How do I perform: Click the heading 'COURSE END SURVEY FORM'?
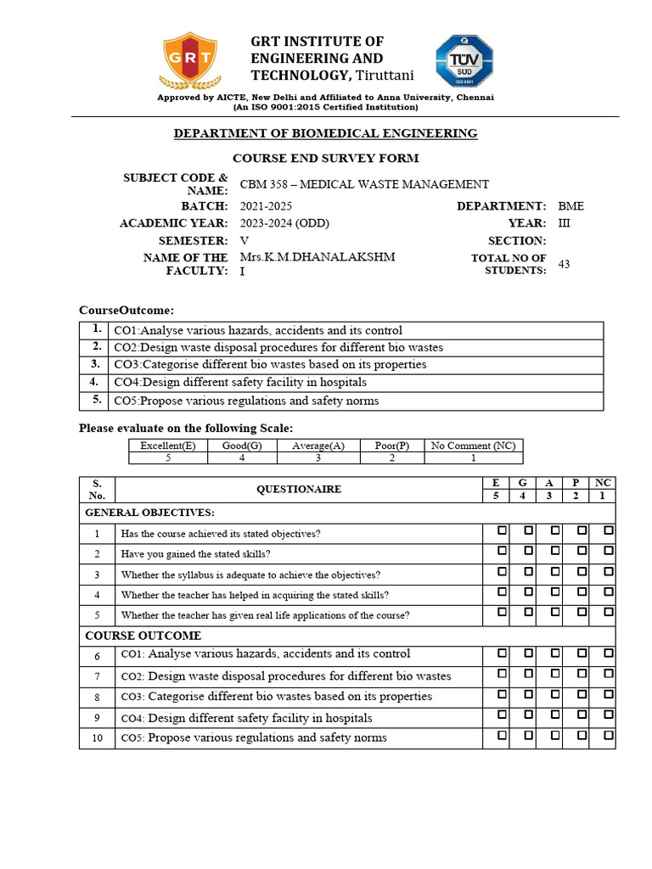click(326, 159)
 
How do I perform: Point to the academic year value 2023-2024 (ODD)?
click(284, 223)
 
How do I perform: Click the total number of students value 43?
click(565, 264)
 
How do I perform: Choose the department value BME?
click(570, 206)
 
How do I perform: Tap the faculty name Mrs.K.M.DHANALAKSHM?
click(318, 257)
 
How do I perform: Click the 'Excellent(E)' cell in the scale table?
click(168, 446)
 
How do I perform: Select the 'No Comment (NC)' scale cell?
click(473, 446)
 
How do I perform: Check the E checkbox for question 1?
click(503, 530)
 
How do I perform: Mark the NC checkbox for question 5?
click(608, 612)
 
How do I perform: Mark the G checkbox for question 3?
click(528, 571)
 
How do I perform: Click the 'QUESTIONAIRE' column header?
click(299, 489)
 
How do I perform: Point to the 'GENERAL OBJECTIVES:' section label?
click(149, 513)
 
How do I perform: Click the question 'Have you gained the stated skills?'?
click(196, 554)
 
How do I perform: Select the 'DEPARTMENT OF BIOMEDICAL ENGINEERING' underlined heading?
click(326, 133)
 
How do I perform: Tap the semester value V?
click(244, 240)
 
